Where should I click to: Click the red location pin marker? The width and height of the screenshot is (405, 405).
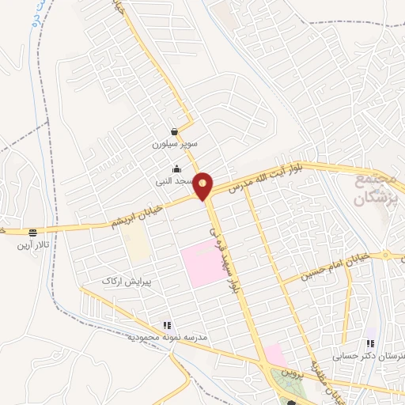pyautogui.click(x=203, y=186)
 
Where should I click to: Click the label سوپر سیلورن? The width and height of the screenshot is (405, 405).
pyautogui.click(x=173, y=146)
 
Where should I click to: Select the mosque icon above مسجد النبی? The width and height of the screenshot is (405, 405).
pyautogui.click(x=176, y=168)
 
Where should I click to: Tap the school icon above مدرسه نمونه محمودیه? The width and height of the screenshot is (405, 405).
pyautogui.click(x=167, y=325)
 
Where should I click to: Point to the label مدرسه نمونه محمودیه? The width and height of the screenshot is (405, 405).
pyautogui.click(x=167, y=338)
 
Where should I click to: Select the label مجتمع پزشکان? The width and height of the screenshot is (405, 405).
pyautogui.click(x=371, y=189)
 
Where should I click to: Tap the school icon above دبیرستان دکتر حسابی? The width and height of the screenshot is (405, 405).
pyautogui.click(x=369, y=343)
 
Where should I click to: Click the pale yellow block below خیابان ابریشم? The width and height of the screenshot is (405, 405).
pyautogui.click(x=138, y=246)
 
